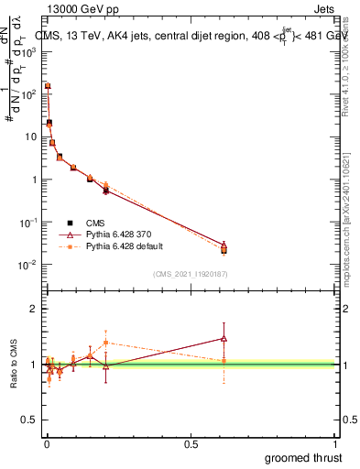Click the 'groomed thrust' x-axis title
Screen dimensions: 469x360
pos(303,456)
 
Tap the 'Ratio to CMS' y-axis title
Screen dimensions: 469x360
pos(13,364)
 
